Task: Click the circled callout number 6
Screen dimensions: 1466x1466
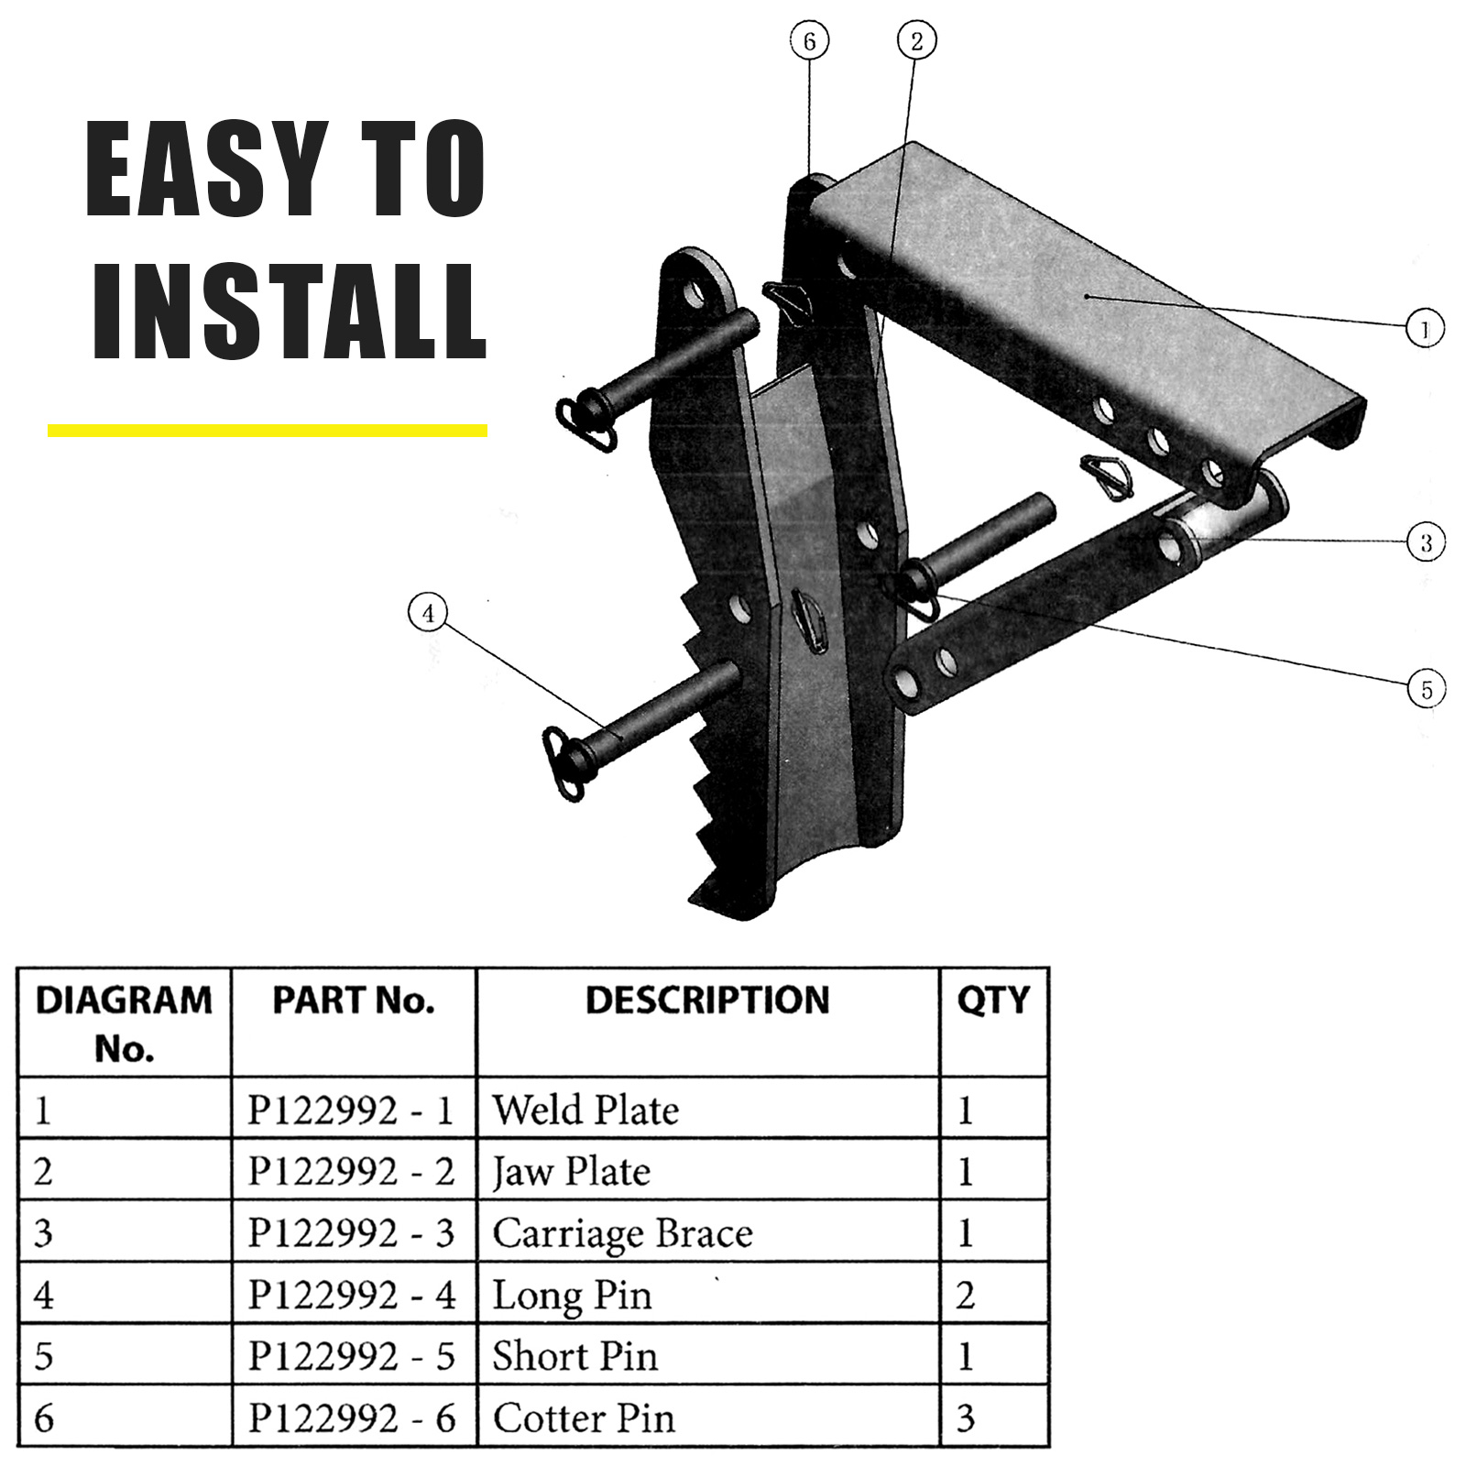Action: (809, 41)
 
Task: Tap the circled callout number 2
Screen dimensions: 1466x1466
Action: (917, 41)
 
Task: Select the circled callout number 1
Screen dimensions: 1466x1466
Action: (1425, 329)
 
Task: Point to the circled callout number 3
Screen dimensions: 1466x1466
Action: (1426, 542)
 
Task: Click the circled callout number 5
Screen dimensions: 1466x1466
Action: (1426, 689)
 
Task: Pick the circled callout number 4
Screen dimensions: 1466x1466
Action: (429, 613)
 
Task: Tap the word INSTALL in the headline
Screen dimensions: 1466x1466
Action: (289, 312)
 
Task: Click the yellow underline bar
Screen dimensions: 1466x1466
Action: (267, 430)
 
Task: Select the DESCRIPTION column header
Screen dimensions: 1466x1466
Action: (707, 1001)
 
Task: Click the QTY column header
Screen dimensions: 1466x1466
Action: (993, 1001)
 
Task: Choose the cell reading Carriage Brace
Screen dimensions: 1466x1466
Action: (623, 1233)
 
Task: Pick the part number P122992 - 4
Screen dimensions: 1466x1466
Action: (352, 1295)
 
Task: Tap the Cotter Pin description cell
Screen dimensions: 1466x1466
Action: (584, 1418)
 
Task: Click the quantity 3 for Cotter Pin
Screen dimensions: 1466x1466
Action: (966, 1418)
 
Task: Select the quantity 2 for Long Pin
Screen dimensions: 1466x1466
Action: (966, 1296)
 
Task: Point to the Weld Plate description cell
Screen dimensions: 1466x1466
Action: (586, 1110)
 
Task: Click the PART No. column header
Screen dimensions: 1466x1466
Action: (353, 1001)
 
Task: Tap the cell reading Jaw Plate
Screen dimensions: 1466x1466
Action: (572, 1172)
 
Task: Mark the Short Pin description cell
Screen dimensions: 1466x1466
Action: (575, 1356)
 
